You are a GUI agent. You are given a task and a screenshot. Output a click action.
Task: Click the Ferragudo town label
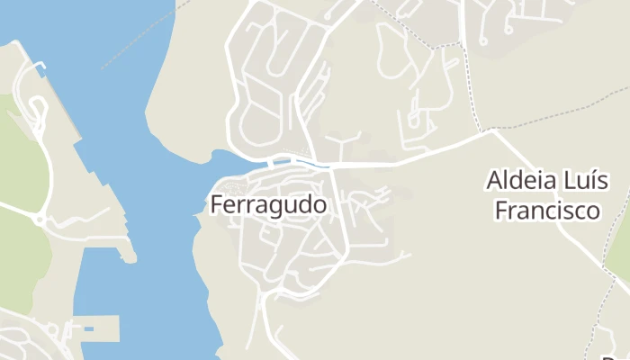coord(268,205)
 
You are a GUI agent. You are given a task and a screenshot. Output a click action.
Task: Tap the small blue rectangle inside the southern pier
coord(88,329)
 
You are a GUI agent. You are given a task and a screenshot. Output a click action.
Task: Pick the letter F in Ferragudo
coord(217,205)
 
